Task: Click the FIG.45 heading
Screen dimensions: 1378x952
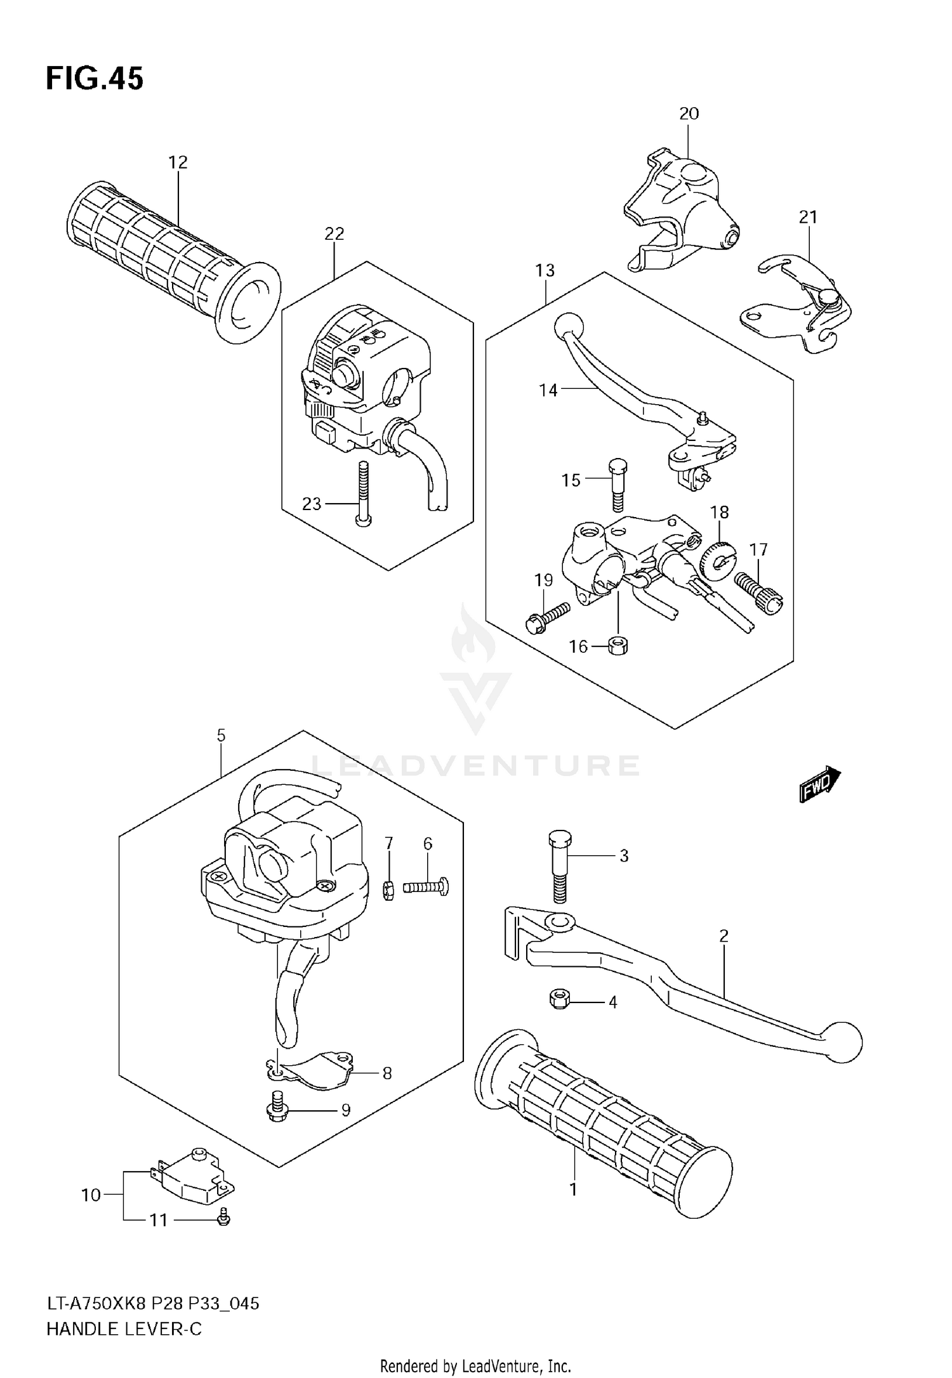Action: point(95,79)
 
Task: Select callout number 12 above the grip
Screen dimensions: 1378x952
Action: point(178,162)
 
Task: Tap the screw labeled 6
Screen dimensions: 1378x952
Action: point(426,886)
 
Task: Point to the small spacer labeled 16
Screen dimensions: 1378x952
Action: point(616,646)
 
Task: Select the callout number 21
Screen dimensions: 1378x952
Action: point(807,218)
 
